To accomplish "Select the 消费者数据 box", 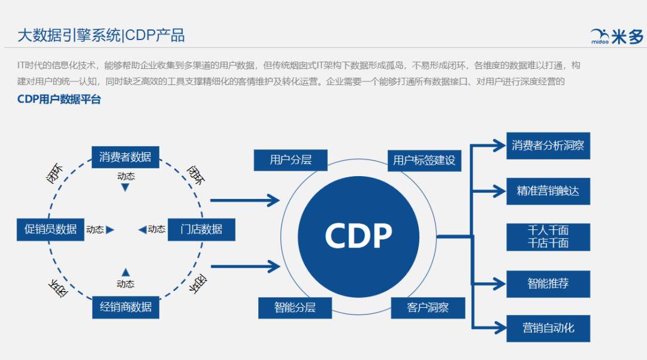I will (x=125, y=158).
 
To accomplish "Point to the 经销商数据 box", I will (x=125, y=307).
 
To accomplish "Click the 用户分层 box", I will (x=291, y=160).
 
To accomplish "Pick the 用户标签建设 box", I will (x=424, y=160).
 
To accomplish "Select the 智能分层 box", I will (x=295, y=308).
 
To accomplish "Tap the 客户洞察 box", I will (x=428, y=308).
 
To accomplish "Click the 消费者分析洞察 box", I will (x=548, y=146).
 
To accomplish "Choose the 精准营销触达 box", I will (x=548, y=192).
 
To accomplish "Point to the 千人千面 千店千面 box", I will (x=548, y=237).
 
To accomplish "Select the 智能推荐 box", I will (x=548, y=283).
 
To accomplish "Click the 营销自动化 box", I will (x=548, y=328).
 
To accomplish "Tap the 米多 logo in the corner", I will (x=616, y=37).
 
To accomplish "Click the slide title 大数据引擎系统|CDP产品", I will (x=101, y=35).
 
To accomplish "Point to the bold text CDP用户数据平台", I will (x=59, y=99).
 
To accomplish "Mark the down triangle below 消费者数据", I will (x=125, y=187).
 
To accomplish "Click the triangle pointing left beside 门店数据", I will (x=141, y=229).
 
